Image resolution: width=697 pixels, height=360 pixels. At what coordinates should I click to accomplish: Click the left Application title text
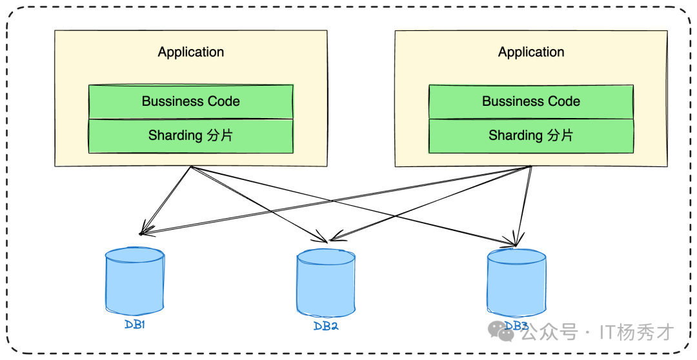(191, 52)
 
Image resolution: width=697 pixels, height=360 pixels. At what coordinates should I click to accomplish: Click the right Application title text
(531, 52)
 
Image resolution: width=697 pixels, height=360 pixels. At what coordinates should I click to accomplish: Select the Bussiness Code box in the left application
(191, 101)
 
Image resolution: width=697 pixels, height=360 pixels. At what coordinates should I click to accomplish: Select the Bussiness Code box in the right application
(531, 101)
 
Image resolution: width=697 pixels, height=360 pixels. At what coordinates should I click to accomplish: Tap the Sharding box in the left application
(191, 135)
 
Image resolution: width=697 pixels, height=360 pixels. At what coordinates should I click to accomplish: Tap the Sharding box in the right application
(531, 135)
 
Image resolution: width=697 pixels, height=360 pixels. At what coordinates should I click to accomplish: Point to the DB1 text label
(135, 325)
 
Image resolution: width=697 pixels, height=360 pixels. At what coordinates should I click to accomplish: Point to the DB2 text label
(326, 326)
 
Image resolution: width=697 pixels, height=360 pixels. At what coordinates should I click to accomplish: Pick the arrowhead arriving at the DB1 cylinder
(141, 233)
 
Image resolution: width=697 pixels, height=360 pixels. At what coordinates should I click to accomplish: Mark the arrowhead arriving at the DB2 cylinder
(325, 241)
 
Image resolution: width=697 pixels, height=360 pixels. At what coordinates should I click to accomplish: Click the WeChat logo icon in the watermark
(501, 332)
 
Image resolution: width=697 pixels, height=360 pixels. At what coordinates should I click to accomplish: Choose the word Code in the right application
(565, 101)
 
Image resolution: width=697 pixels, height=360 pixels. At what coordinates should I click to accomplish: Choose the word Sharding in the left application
(174, 135)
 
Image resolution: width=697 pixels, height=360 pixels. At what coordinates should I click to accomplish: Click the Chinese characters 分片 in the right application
(560, 135)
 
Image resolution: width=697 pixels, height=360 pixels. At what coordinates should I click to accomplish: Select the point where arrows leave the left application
(191, 166)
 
